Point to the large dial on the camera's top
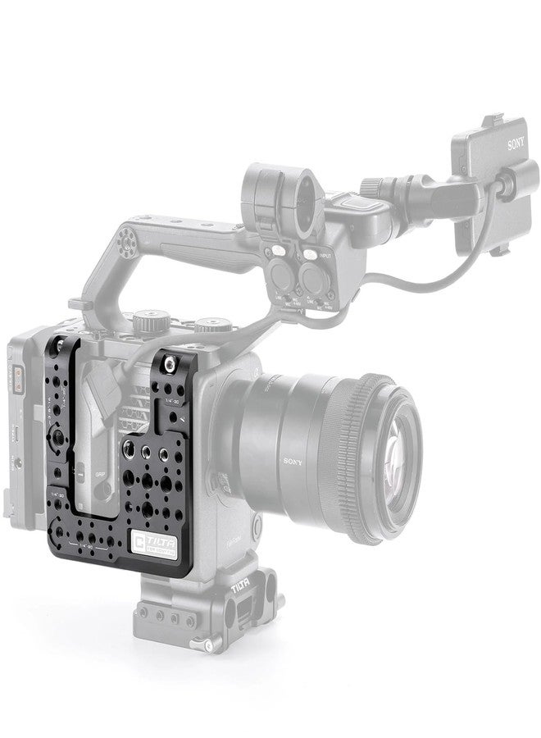[x=148, y=316]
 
